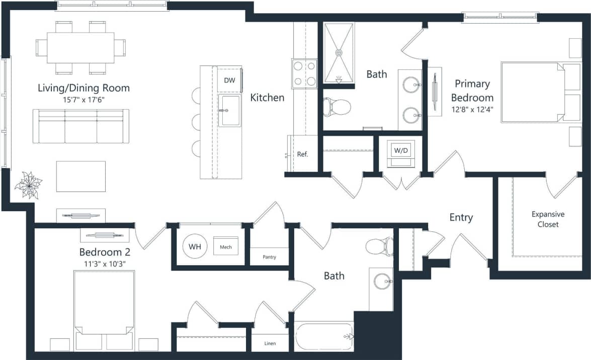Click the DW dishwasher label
coord(229,80)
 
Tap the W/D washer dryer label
coord(400,150)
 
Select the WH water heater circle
coord(194,247)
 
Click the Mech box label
coord(225,247)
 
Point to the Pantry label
coord(270,257)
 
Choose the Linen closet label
coord(270,344)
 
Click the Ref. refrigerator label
coord(302,154)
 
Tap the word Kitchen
coord(267,98)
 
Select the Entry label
coord(461,217)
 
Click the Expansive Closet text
coord(548,219)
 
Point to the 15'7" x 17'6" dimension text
coord(83,100)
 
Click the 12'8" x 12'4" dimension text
coord(472,108)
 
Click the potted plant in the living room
coord(28,185)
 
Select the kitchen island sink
coord(230,111)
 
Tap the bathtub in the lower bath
coord(324,336)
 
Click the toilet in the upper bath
coord(336,107)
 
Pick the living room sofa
coord(80,126)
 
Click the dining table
coord(80,48)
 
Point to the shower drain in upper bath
coord(339,52)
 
